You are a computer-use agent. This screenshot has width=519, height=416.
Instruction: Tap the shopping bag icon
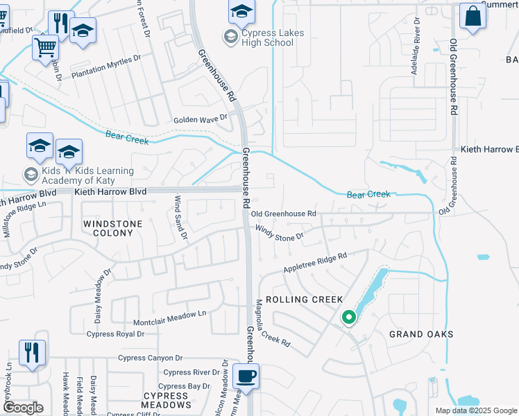pos(473,17)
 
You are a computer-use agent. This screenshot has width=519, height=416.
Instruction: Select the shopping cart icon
pos(45,48)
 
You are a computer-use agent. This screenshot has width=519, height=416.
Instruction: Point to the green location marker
pos(348,318)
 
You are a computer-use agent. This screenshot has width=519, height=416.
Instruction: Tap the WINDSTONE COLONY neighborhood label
pos(112,228)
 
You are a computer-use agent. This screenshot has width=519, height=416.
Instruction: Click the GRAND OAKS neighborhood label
pos(421,334)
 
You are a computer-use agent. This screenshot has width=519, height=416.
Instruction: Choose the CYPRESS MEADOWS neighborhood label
pos(167,400)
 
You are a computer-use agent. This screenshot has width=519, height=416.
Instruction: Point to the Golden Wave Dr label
pos(201,119)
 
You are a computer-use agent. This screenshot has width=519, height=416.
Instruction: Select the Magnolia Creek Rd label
pos(271,322)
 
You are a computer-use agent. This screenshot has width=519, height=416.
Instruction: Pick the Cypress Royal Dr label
pos(115,333)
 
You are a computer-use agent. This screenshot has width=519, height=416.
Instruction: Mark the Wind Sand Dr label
pos(180,217)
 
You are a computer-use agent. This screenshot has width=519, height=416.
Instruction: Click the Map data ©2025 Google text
pos(475,410)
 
